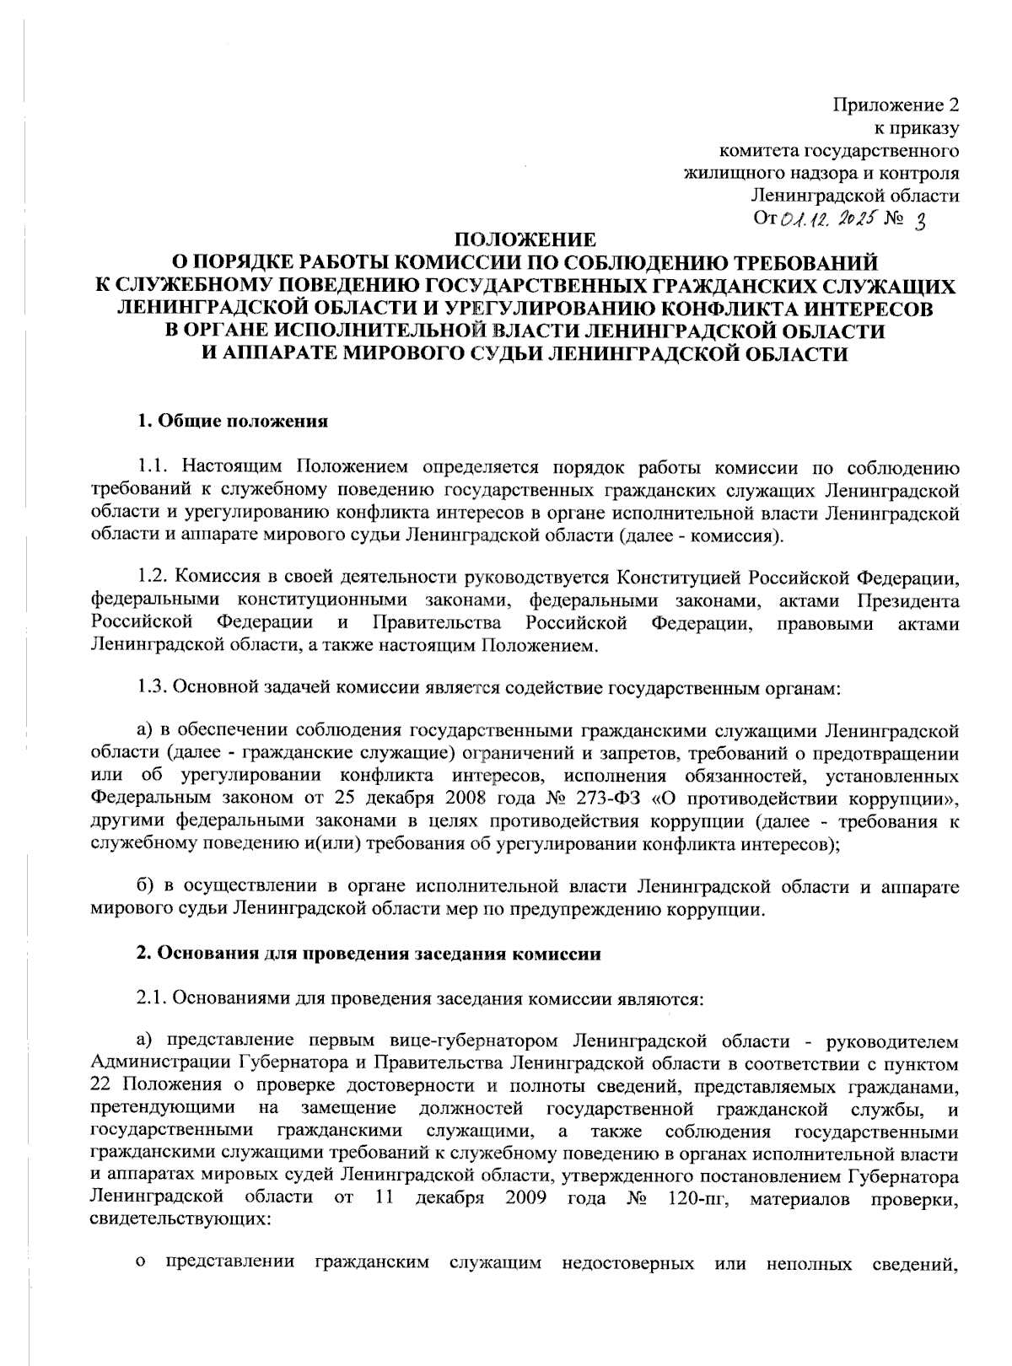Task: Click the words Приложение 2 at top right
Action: (x=896, y=106)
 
